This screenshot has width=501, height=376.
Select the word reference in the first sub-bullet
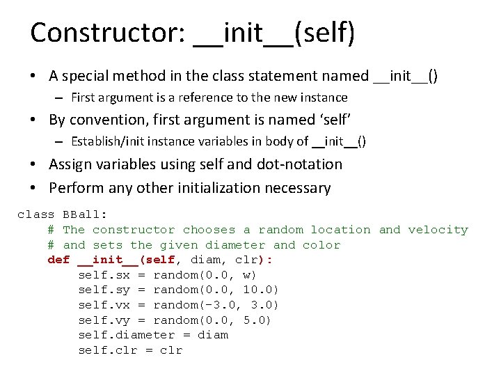click(209, 97)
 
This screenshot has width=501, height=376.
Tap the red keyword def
click(58, 260)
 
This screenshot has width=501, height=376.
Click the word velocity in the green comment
click(438, 230)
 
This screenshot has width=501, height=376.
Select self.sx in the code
click(104, 275)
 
